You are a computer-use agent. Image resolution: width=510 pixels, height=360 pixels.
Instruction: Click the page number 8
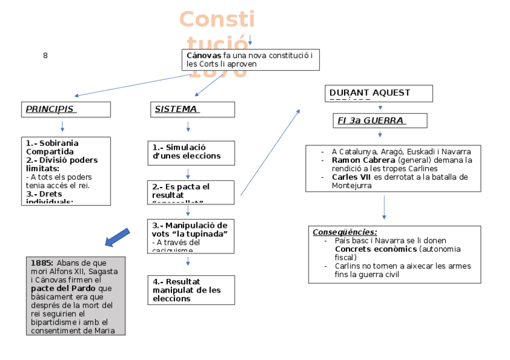(x=45, y=56)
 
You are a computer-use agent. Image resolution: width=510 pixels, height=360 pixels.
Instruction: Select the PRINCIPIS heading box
(x=67, y=109)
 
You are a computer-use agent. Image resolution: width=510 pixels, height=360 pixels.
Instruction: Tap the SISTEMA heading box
(x=192, y=109)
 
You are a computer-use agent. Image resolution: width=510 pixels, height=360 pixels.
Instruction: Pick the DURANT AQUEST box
(x=380, y=94)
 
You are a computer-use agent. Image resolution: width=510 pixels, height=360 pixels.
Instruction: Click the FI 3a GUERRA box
(x=379, y=120)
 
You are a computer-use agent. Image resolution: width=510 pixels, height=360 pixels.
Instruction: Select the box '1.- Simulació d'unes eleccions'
(x=191, y=151)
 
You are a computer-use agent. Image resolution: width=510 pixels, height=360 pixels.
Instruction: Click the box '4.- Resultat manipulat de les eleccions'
(x=191, y=290)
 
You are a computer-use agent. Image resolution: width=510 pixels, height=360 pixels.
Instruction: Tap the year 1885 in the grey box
(x=38, y=263)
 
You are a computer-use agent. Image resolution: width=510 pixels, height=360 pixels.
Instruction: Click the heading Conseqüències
(x=345, y=232)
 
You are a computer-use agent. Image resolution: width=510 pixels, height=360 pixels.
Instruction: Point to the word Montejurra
(x=352, y=186)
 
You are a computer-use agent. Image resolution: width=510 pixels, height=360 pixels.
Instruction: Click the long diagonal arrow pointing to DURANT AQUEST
(x=270, y=152)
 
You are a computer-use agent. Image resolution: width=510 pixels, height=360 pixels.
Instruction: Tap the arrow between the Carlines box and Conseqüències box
(x=384, y=208)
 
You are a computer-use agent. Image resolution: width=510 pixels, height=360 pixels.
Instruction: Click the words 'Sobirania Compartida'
(x=52, y=147)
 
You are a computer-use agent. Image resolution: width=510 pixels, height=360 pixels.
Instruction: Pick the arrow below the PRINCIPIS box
(x=62, y=126)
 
